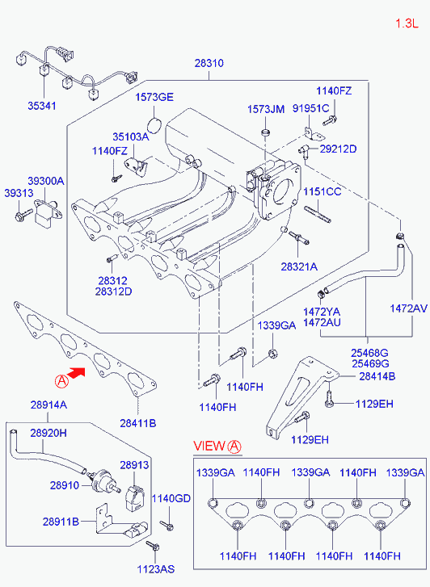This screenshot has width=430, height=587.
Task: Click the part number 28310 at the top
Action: (209, 63)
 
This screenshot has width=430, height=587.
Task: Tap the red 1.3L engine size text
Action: (407, 23)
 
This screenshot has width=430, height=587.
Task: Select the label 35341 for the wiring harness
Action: (42, 106)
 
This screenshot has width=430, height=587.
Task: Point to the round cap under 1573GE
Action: (154, 125)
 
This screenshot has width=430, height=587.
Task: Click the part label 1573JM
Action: (266, 109)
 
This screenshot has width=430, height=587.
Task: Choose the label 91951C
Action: (311, 108)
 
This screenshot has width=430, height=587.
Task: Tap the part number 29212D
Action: (338, 149)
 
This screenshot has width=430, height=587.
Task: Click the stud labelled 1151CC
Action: (318, 214)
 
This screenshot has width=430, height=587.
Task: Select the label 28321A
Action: (299, 266)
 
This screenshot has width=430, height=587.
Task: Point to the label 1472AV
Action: (409, 308)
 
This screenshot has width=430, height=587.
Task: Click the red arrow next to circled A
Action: (78, 373)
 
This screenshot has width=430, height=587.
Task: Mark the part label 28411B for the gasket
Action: (138, 423)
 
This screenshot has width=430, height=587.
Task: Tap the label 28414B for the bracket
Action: (377, 376)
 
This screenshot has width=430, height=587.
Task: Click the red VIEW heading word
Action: (209, 446)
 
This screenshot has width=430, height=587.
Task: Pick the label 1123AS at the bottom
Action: (155, 569)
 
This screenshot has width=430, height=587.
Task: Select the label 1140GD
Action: (171, 498)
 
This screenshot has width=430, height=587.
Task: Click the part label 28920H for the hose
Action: (48, 433)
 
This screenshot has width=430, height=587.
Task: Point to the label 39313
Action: (19, 193)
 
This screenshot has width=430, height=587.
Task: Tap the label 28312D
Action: (114, 291)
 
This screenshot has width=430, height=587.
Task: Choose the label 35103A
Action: (131, 136)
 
